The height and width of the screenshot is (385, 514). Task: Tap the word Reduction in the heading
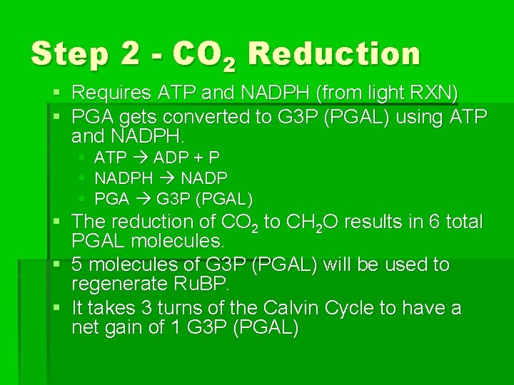pos(336,55)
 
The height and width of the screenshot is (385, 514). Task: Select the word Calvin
pos(291,309)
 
